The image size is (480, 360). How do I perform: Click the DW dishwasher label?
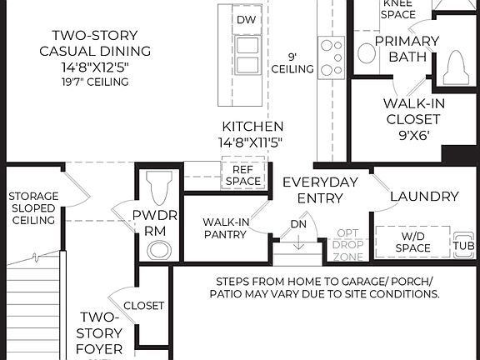245,19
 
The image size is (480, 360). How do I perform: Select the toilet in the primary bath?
456,67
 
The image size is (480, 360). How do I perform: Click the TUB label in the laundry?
463,247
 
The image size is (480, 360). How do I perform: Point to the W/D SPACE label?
413,242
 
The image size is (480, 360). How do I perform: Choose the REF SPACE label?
243,174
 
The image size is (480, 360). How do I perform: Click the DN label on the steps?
299,224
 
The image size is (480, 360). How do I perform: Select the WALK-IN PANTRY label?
224,227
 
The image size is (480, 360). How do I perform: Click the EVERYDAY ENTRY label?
320,190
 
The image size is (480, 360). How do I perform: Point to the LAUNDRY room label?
424,197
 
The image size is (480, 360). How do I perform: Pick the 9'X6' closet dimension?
412,134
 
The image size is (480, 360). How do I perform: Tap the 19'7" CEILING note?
95,82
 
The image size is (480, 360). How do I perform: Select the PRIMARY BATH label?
407,48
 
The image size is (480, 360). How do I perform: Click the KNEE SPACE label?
398,8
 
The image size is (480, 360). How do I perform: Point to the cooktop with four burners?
332,57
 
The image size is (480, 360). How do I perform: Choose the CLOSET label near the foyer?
143,306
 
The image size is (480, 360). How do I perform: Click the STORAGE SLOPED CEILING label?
32,208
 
